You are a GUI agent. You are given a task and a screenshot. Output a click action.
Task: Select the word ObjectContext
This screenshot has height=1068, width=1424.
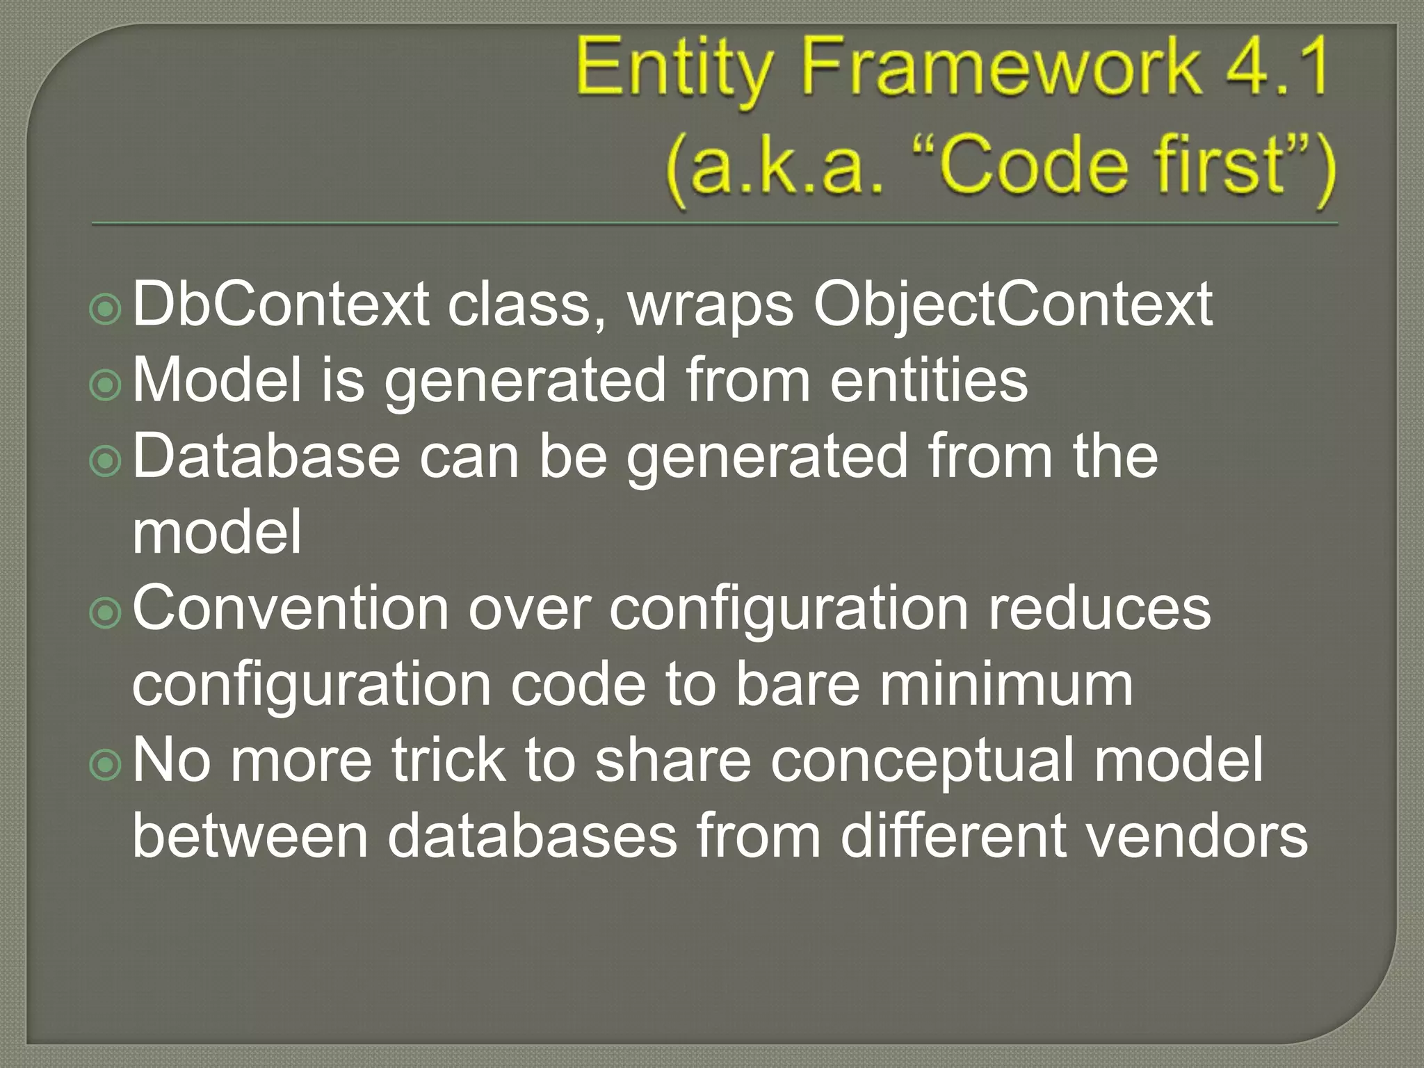click(x=1012, y=306)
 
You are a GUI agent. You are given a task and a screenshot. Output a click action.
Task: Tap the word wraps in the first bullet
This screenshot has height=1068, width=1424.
click(x=710, y=306)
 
